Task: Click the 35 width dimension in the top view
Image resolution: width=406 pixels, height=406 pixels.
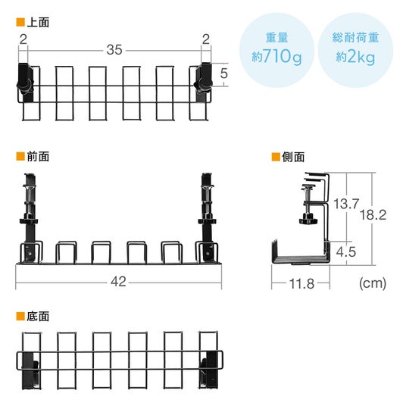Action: tap(114, 50)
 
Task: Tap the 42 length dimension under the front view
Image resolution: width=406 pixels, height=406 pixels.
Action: tap(118, 282)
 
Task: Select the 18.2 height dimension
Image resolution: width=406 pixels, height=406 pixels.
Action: tap(373, 215)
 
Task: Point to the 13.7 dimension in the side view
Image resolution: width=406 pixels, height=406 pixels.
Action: tap(346, 204)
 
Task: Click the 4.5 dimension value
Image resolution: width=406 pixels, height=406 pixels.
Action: tap(346, 251)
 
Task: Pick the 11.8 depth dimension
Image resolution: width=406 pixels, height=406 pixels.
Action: tap(301, 284)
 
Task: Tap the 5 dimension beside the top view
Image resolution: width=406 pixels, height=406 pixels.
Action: tap(224, 73)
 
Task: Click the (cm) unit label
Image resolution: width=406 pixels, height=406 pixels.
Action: tap(373, 283)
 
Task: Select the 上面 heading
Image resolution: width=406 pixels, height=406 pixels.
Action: tap(38, 22)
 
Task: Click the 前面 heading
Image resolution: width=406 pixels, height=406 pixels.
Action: tap(38, 157)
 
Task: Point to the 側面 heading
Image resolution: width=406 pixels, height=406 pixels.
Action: tap(293, 157)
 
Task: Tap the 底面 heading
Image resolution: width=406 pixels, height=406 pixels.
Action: tap(38, 317)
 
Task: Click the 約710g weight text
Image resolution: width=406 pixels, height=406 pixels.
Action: tap(276, 57)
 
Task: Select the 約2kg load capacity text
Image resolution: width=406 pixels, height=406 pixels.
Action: tap(355, 57)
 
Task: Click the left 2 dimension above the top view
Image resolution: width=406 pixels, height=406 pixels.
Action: tap(23, 39)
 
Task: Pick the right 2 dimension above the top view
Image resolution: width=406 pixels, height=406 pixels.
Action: tap(206, 39)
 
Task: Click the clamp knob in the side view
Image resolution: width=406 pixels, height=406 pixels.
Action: tap(308, 220)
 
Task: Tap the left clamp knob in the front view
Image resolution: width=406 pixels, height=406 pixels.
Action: tap(29, 220)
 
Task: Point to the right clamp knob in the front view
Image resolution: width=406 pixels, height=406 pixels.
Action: tap(207, 220)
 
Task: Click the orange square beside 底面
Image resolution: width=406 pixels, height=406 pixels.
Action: tap(20, 316)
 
